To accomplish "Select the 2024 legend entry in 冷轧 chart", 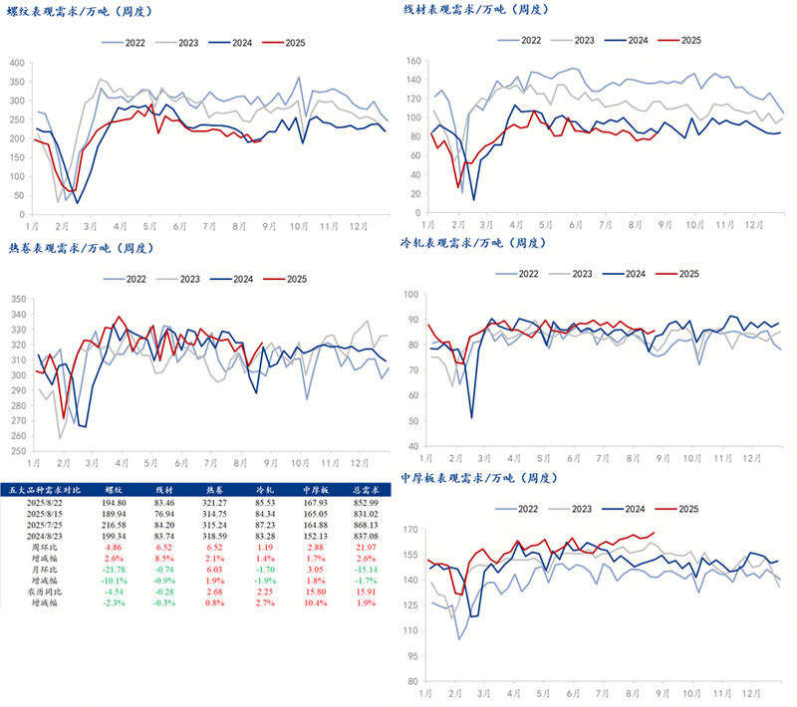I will coord(638,273).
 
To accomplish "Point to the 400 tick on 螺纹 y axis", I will coord(16,63).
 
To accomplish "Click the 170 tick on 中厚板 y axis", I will coord(412,530).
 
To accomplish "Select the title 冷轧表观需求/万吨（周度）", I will coord(473,242).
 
